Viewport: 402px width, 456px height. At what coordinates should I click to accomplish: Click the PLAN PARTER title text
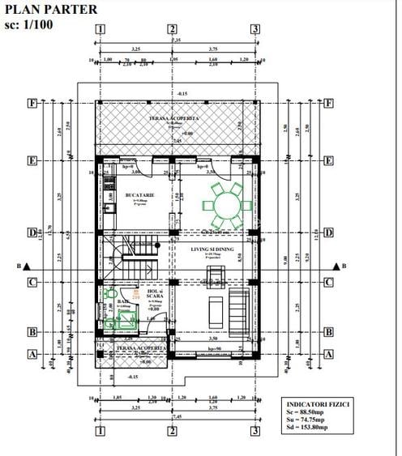[x=51, y=10]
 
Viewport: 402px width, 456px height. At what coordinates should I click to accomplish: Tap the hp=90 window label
[x=215, y=348]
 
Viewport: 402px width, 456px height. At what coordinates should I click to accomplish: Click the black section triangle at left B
[x=27, y=266]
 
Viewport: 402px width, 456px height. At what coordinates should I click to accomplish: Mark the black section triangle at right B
[x=333, y=266]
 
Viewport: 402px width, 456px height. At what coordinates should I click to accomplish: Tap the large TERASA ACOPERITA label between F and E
[x=173, y=119]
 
